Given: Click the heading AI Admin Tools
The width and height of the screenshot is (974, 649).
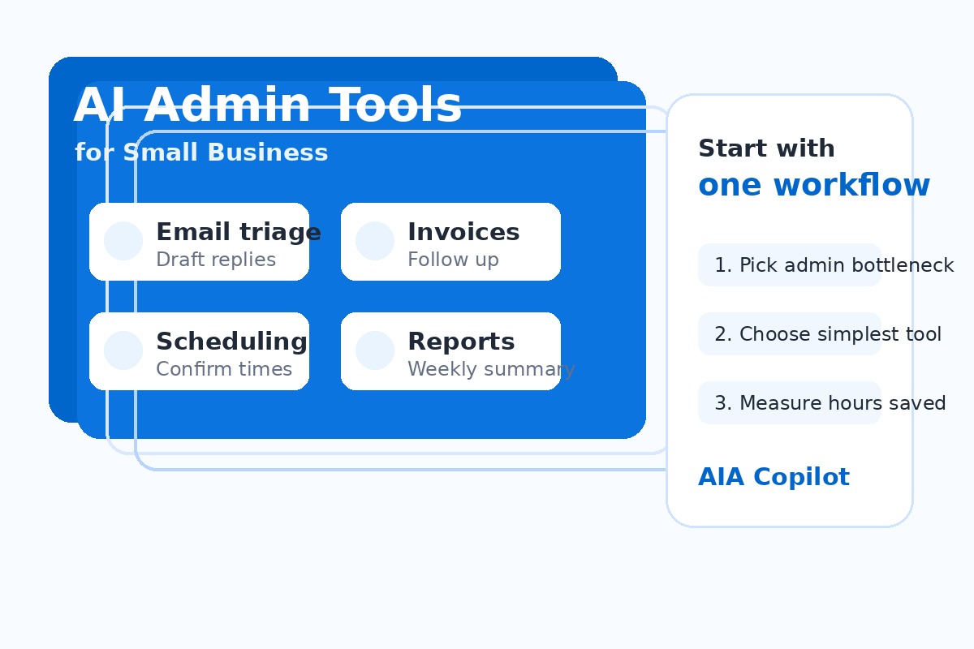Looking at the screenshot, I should pyautogui.click(x=267, y=105).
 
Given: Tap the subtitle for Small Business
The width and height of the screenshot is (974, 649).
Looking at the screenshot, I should pyautogui.click(x=201, y=153).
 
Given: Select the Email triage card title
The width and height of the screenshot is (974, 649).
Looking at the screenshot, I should pyautogui.click(x=238, y=232).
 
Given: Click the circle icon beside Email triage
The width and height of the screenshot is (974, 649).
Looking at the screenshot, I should pyautogui.click(x=123, y=241).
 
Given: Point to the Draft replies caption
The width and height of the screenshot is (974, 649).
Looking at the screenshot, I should pyautogui.click(x=216, y=260).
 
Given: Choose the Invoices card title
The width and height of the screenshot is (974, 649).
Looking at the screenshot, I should pyautogui.click(x=463, y=232).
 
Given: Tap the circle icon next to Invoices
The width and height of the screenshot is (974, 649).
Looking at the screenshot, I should pyautogui.click(x=375, y=241).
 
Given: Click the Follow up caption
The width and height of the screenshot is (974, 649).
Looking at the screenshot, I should pyautogui.click(x=453, y=260).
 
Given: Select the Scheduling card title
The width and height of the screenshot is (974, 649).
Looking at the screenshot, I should pyautogui.click(x=231, y=342).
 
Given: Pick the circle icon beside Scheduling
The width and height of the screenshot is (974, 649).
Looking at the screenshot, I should pyautogui.click(x=123, y=350).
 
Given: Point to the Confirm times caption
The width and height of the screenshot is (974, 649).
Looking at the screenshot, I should pyautogui.click(x=224, y=369).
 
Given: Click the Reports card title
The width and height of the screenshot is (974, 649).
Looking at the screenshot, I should pyautogui.click(x=461, y=342).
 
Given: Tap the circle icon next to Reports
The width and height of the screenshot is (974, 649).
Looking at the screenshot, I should pyautogui.click(x=375, y=350).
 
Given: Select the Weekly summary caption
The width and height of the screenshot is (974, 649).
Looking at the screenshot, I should pyautogui.click(x=491, y=369).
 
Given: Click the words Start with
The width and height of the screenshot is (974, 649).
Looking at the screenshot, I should pyautogui.click(x=766, y=148).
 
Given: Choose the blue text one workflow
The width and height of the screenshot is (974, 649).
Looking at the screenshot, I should pyautogui.click(x=813, y=185).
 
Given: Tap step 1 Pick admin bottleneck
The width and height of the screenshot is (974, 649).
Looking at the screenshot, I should pyautogui.click(x=834, y=265).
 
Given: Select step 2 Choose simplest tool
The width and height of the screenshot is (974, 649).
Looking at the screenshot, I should pyautogui.click(x=828, y=334).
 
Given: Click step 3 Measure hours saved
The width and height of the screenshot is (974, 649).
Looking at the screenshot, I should pyautogui.click(x=830, y=403).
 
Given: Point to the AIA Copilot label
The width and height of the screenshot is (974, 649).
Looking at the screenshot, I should pyautogui.click(x=774, y=477).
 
